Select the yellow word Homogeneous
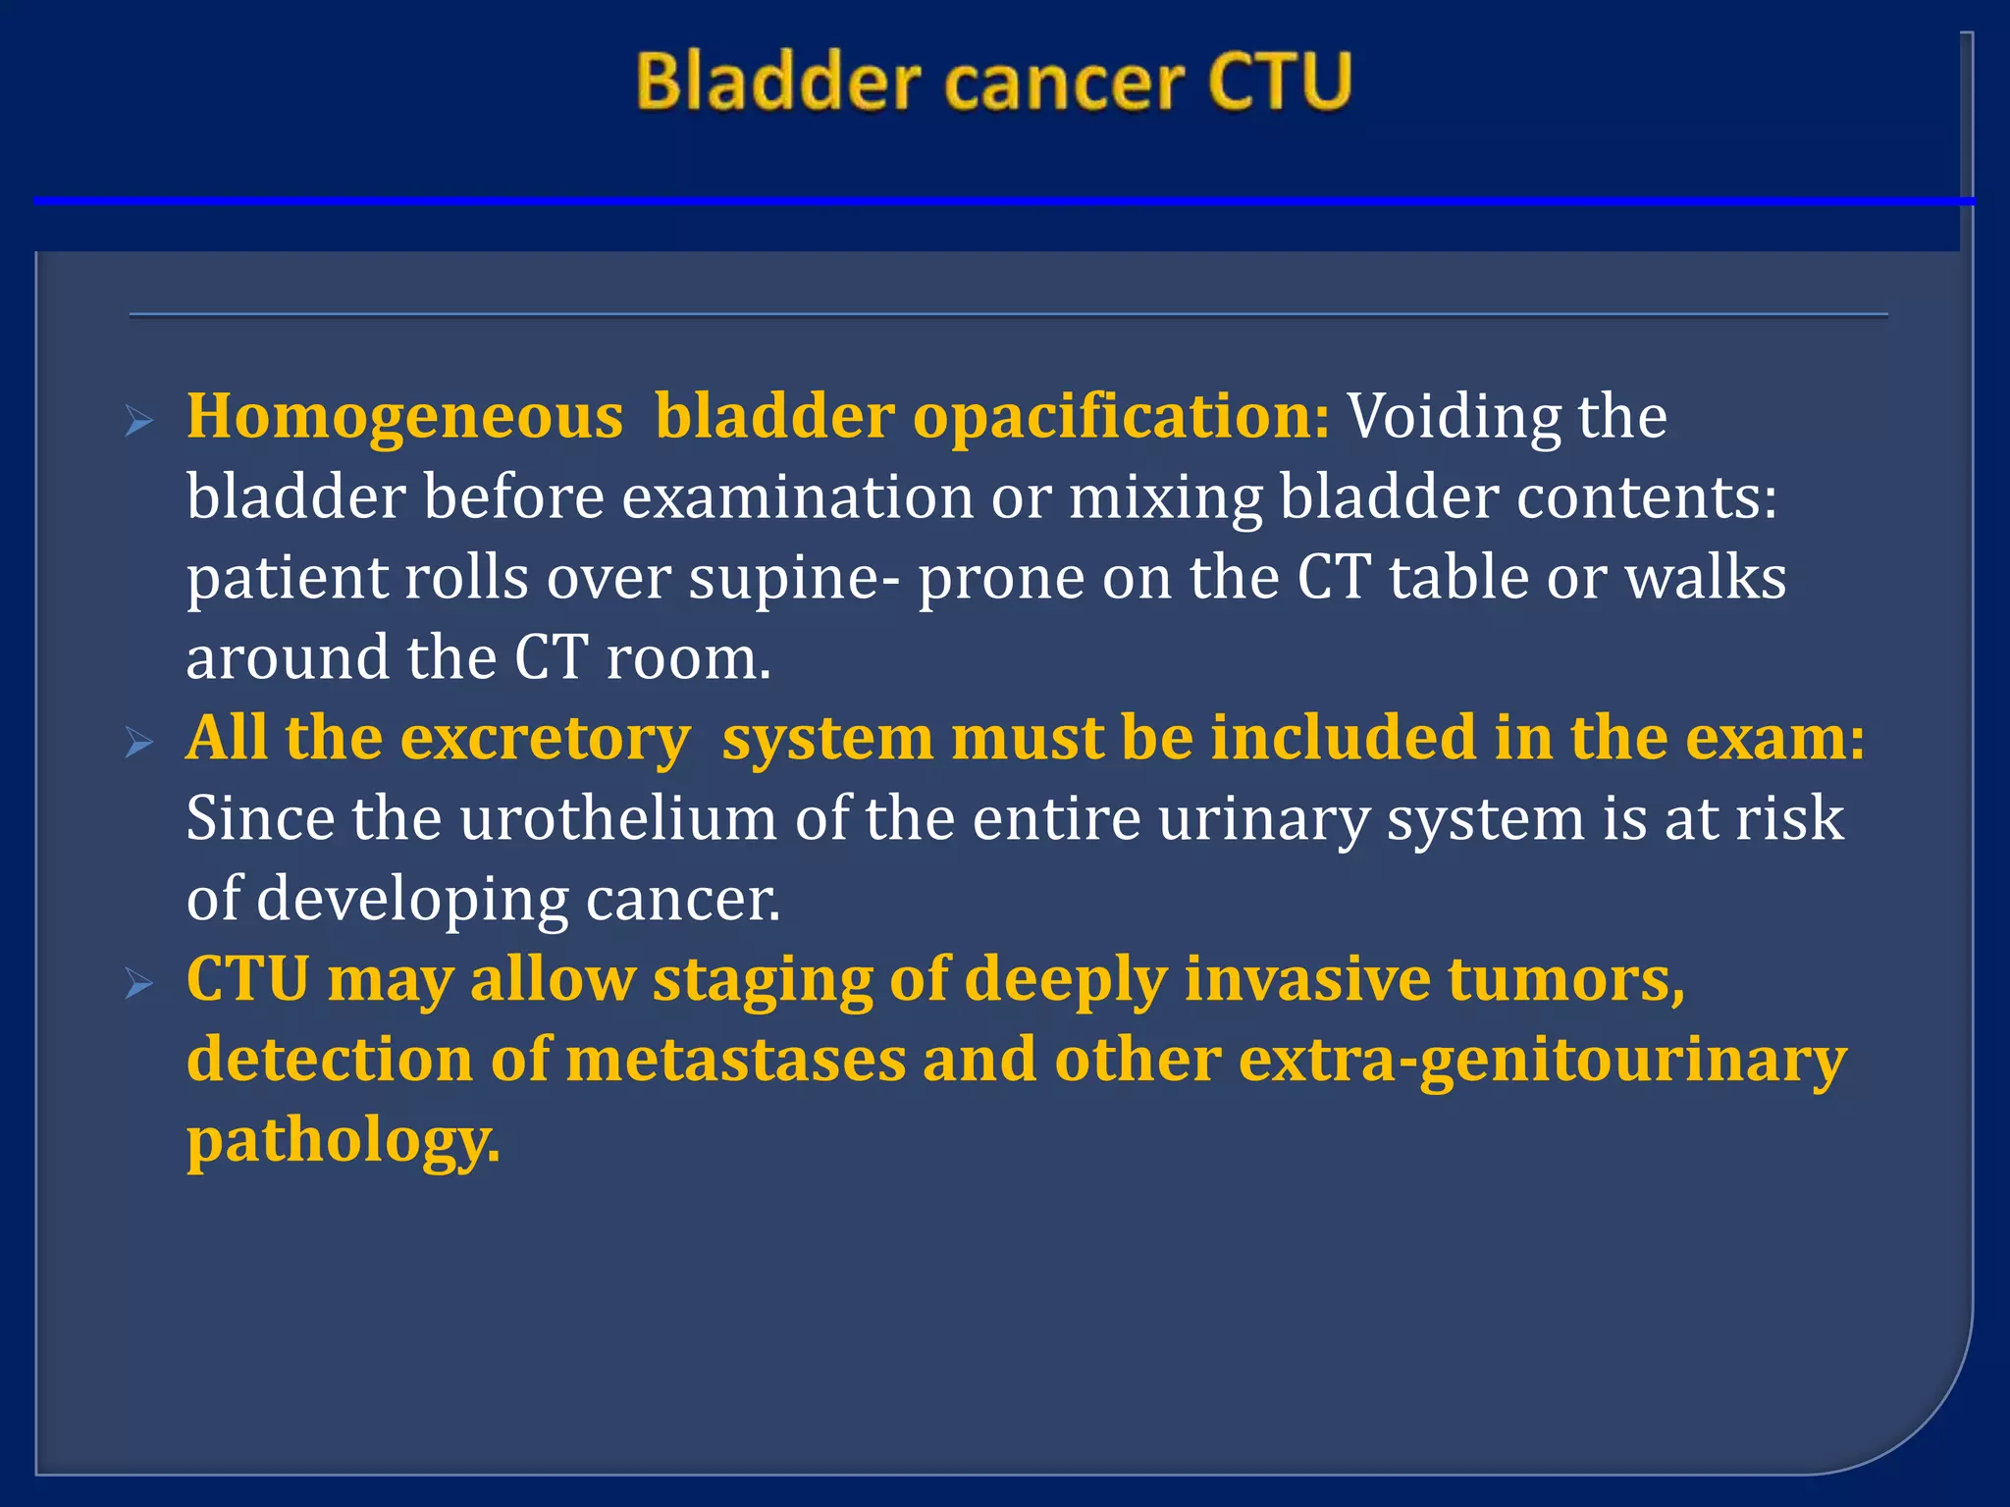[404, 417]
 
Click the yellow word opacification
[1121, 417]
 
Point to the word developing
[412, 900]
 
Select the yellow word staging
[762, 980]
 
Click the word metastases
[735, 1061]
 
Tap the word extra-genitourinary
[1542, 1061]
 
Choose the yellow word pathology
[343, 1141]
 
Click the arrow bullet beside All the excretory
[140, 743]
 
